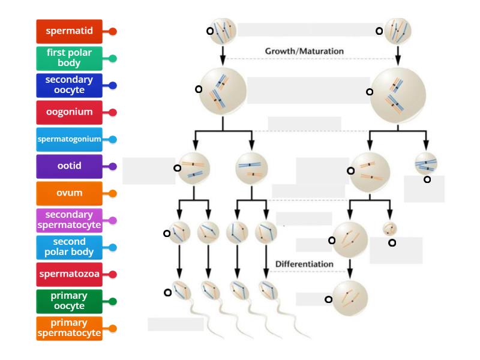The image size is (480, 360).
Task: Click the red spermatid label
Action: click(x=69, y=31)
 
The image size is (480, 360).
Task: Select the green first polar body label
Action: click(x=69, y=58)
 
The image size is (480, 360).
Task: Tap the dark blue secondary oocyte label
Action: click(x=69, y=85)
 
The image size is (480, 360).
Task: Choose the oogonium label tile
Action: click(x=69, y=112)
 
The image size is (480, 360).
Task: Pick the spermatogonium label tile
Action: click(x=69, y=139)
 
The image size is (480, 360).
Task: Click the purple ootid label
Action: click(x=69, y=166)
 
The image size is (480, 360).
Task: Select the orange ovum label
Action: click(x=69, y=193)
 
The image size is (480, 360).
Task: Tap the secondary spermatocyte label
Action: click(x=69, y=220)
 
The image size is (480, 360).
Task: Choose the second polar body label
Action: click(x=69, y=247)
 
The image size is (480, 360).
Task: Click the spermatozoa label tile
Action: click(x=69, y=274)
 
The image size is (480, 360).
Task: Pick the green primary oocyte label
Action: click(x=69, y=301)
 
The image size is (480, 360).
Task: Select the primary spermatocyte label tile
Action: click(x=69, y=328)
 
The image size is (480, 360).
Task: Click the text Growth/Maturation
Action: click(x=304, y=52)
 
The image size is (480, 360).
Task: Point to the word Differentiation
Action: click(x=304, y=264)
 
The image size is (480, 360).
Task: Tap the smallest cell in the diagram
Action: click(x=390, y=229)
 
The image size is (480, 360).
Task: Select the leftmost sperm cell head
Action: click(x=179, y=290)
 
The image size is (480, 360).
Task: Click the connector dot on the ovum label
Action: click(x=112, y=194)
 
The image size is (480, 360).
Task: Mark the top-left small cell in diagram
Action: click(x=223, y=30)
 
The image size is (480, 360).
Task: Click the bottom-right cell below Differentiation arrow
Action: click(x=350, y=295)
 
